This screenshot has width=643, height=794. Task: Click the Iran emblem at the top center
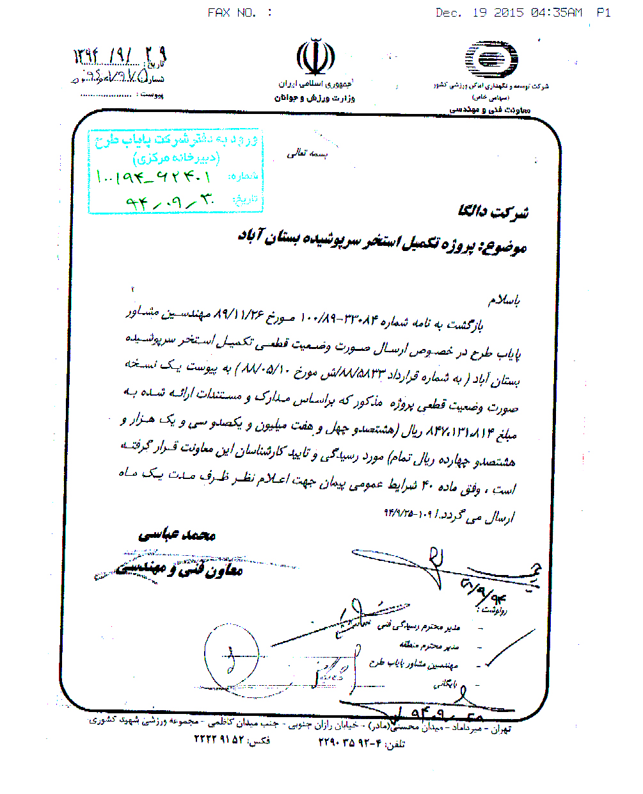click(315, 59)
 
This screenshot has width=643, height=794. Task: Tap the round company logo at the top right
click(491, 61)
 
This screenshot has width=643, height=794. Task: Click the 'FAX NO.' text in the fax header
click(232, 13)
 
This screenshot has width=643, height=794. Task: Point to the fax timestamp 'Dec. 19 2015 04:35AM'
click(509, 13)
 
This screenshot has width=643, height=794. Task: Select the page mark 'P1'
click(603, 13)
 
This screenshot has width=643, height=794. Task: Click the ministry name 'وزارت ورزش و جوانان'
click(314, 98)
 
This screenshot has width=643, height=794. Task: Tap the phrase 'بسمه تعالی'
click(306, 154)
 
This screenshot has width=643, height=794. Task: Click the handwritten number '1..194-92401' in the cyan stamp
click(154, 175)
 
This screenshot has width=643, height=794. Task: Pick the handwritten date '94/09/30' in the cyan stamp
click(170, 202)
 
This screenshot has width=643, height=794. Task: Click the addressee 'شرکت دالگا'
click(493, 212)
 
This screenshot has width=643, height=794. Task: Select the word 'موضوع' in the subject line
click(505, 247)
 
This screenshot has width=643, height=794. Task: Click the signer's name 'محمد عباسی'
click(177, 535)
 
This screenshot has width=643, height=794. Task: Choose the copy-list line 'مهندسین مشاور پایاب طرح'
click(413, 664)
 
